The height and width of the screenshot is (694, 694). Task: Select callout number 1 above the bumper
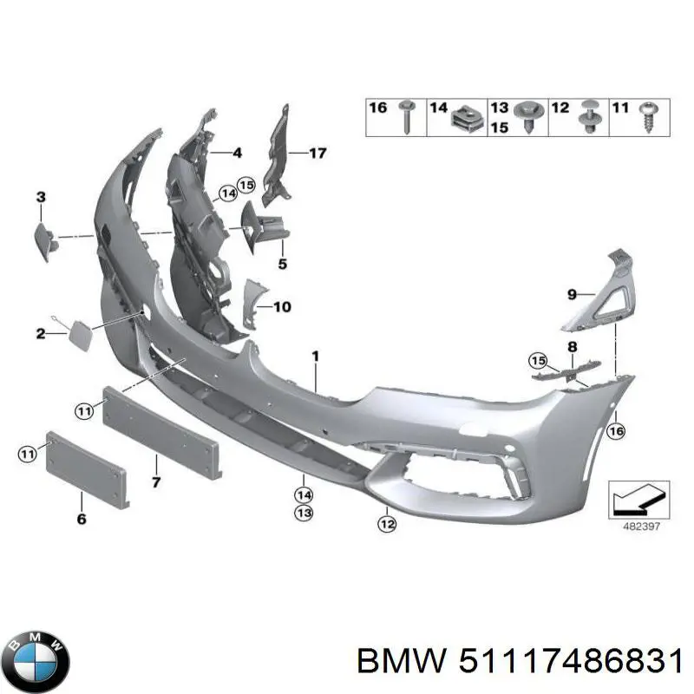tap(316, 357)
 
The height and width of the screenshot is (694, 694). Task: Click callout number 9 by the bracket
tap(572, 295)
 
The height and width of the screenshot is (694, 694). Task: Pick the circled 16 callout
tap(616, 429)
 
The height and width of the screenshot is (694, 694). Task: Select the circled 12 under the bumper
tap(387, 523)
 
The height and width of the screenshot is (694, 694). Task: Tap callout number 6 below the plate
tap(82, 520)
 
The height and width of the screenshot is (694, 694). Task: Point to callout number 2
tap(40, 333)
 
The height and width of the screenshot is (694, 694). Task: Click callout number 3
tap(40, 198)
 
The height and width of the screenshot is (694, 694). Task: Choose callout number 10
tap(282, 306)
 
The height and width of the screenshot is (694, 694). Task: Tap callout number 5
tap(282, 264)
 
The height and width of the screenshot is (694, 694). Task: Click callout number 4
tap(237, 154)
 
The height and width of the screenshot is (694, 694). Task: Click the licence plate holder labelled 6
tap(86, 468)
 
